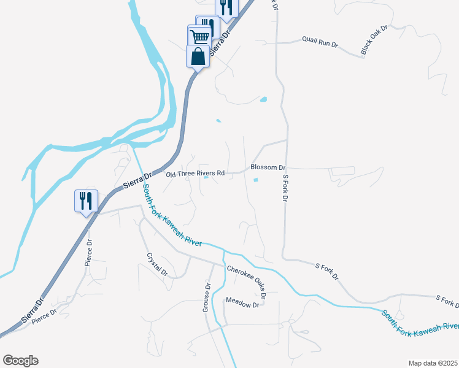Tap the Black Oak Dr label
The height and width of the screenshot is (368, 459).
(x=374, y=40)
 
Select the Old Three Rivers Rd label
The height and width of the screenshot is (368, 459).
(x=196, y=174)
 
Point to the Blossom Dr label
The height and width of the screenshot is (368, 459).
(x=268, y=167)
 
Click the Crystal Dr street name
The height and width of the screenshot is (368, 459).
(x=156, y=264)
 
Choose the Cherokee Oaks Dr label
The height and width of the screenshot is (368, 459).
(x=247, y=282)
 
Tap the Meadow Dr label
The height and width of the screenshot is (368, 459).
(x=243, y=301)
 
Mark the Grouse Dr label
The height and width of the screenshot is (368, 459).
(x=207, y=297)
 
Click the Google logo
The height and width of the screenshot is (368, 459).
(x=20, y=360)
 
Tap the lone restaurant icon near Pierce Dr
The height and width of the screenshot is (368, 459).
(x=85, y=201)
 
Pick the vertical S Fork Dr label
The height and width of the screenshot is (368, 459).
(x=285, y=190)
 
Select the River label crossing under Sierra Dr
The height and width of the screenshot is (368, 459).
(x=172, y=218)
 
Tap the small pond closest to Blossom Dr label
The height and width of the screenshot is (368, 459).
(x=256, y=180)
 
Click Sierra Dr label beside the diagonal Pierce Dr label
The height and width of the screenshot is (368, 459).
(x=31, y=312)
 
